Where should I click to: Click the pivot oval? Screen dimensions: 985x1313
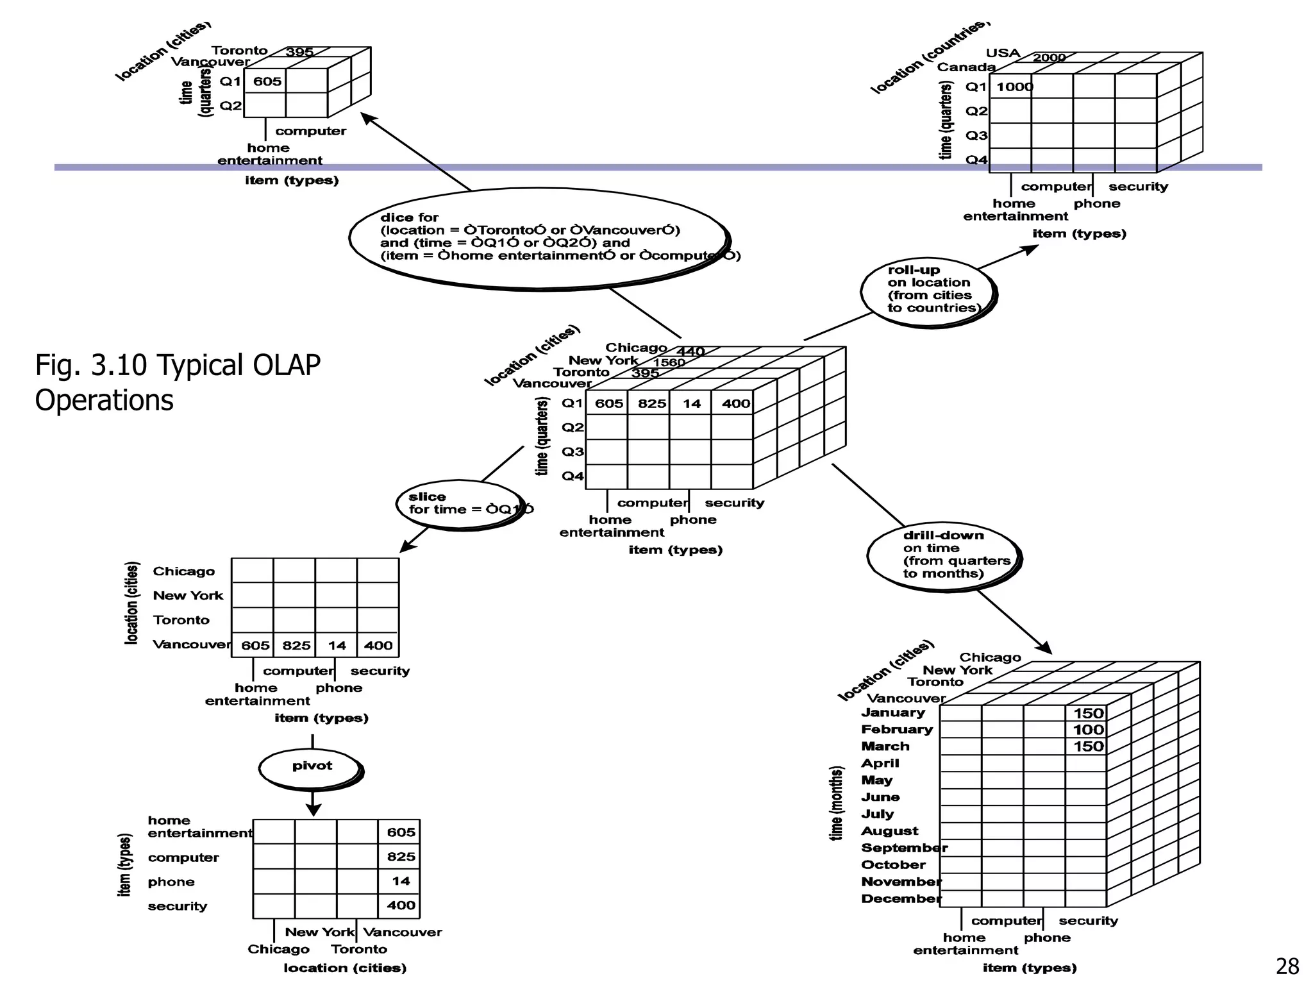tap(312, 766)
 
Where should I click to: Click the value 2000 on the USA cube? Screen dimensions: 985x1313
tap(1049, 58)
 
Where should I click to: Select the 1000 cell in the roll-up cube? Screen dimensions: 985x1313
tap(1014, 87)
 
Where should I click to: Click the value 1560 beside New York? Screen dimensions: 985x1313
tap(669, 362)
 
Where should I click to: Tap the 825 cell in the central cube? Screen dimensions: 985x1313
tap(651, 403)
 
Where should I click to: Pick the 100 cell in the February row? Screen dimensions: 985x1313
tap(1088, 730)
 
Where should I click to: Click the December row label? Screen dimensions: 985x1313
tap(901, 898)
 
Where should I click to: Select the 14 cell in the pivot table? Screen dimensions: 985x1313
tap(401, 881)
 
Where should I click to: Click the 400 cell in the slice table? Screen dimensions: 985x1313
tap(378, 646)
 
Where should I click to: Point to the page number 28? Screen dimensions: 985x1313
tap(1287, 966)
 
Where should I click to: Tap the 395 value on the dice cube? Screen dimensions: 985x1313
tap(299, 52)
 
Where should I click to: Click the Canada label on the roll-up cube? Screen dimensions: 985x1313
tap(966, 67)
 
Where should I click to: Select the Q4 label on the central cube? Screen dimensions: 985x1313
tap(573, 476)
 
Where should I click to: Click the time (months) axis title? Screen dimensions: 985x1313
tap(836, 803)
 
